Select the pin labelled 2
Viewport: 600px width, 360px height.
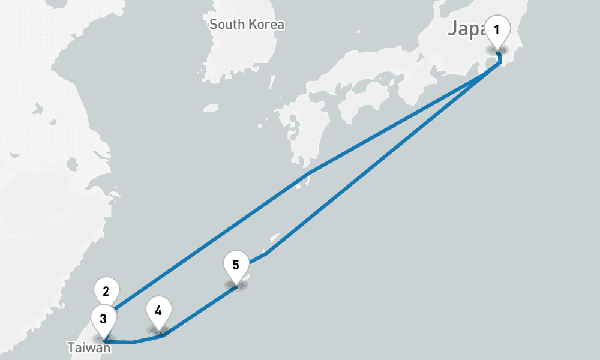coord(106,292)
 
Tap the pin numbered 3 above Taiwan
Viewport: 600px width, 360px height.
coord(103,319)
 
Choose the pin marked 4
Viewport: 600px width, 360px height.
coord(158,311)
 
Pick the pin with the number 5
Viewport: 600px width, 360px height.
coord(236,265)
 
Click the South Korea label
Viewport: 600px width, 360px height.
coord(247,25)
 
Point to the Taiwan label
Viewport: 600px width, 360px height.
coord(88,347)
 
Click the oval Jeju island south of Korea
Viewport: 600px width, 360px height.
coord(211,109)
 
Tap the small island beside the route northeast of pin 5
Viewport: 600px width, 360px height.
coord(275,236)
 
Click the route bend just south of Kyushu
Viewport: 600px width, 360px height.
coord(308,174)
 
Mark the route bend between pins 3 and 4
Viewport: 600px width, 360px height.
coord(133,343)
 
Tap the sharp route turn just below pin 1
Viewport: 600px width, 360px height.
coord(500,62)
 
